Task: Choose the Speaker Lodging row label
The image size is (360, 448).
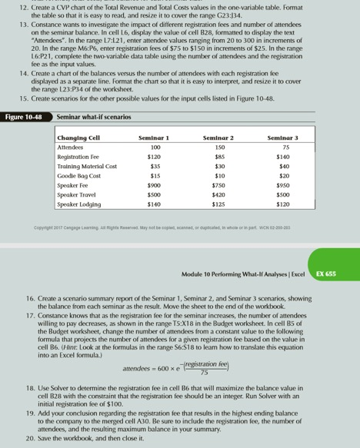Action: coord(82,205)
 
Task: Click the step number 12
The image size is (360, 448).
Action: coord(23,6)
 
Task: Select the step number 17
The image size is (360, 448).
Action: coord(23,316)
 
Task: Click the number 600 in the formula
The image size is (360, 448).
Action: coord(165,368)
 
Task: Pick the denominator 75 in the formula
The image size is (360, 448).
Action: coord(203,373)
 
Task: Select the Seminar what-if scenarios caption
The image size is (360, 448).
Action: coord(94,117)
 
